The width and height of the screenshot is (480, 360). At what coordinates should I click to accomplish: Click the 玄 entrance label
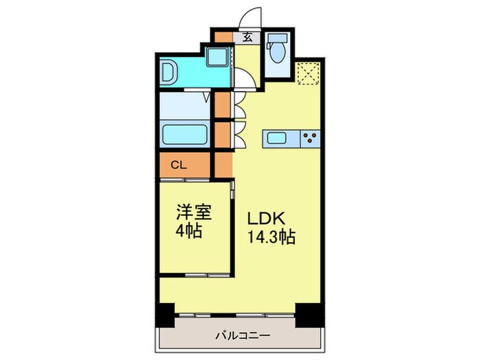pos(245,38)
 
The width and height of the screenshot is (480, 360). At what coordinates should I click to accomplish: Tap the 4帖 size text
pos(189,231)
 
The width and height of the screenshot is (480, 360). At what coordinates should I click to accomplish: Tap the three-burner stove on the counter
pos(309,139)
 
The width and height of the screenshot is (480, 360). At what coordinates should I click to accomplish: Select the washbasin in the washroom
pos(169,71)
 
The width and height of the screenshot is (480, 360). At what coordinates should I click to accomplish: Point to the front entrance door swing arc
pos(254,16)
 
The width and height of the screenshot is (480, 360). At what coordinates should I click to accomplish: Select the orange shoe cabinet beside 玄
pos(224,38)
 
